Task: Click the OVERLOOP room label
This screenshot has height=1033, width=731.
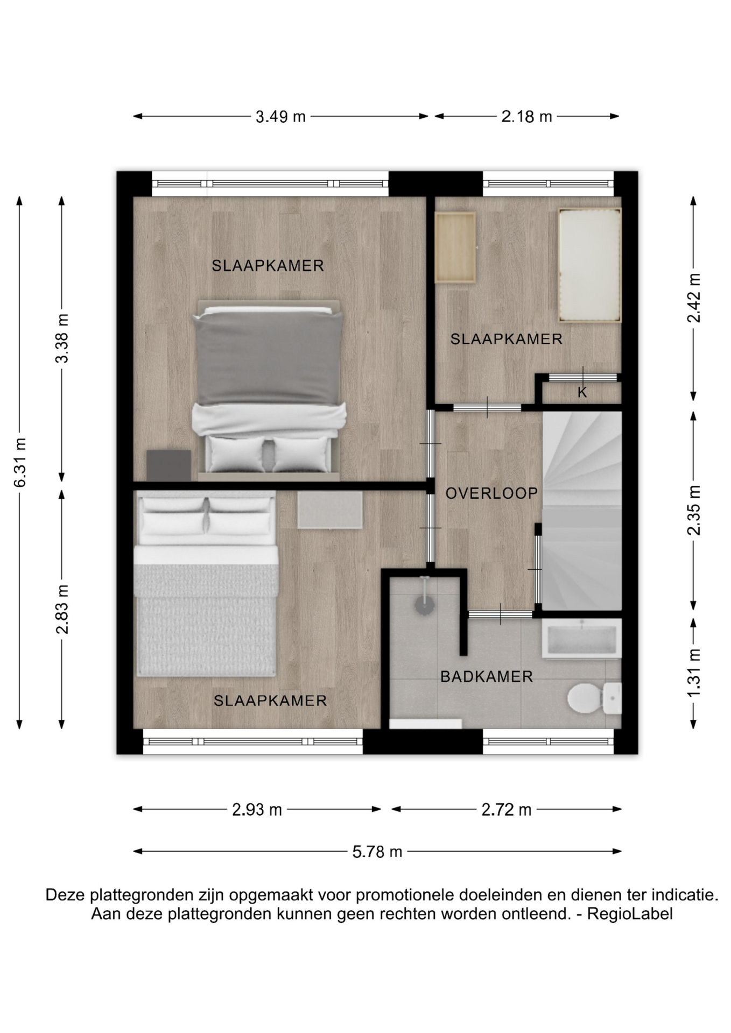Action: coord(491,493)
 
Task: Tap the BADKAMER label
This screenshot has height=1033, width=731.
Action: coord(487,677)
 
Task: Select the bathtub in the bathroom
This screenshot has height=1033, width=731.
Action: coord(581,638)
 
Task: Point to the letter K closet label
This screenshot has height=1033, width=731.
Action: coord(582,393)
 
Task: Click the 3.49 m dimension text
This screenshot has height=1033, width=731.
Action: coord(280,116)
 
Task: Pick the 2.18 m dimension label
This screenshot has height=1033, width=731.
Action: coord(526,116)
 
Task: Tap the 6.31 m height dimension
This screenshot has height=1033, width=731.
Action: coord(20,463)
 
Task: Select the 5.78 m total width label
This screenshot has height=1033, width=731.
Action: coord(377,852)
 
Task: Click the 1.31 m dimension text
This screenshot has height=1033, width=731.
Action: coord(694,673)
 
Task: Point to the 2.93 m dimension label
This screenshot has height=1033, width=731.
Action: coord(257,809)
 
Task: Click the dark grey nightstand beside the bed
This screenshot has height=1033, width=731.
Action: coord(169,465)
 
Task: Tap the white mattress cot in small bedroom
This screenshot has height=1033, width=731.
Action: coord(590,265)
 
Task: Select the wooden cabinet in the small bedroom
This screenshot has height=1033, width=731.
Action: coord(455,247)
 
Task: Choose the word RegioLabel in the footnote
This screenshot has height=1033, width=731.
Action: coord(630,914)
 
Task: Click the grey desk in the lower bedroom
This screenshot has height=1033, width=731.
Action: coord(330,510)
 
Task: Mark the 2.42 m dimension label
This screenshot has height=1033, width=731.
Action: coord(694,298)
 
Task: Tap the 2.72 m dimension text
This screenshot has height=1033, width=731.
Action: coord(506,809)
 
